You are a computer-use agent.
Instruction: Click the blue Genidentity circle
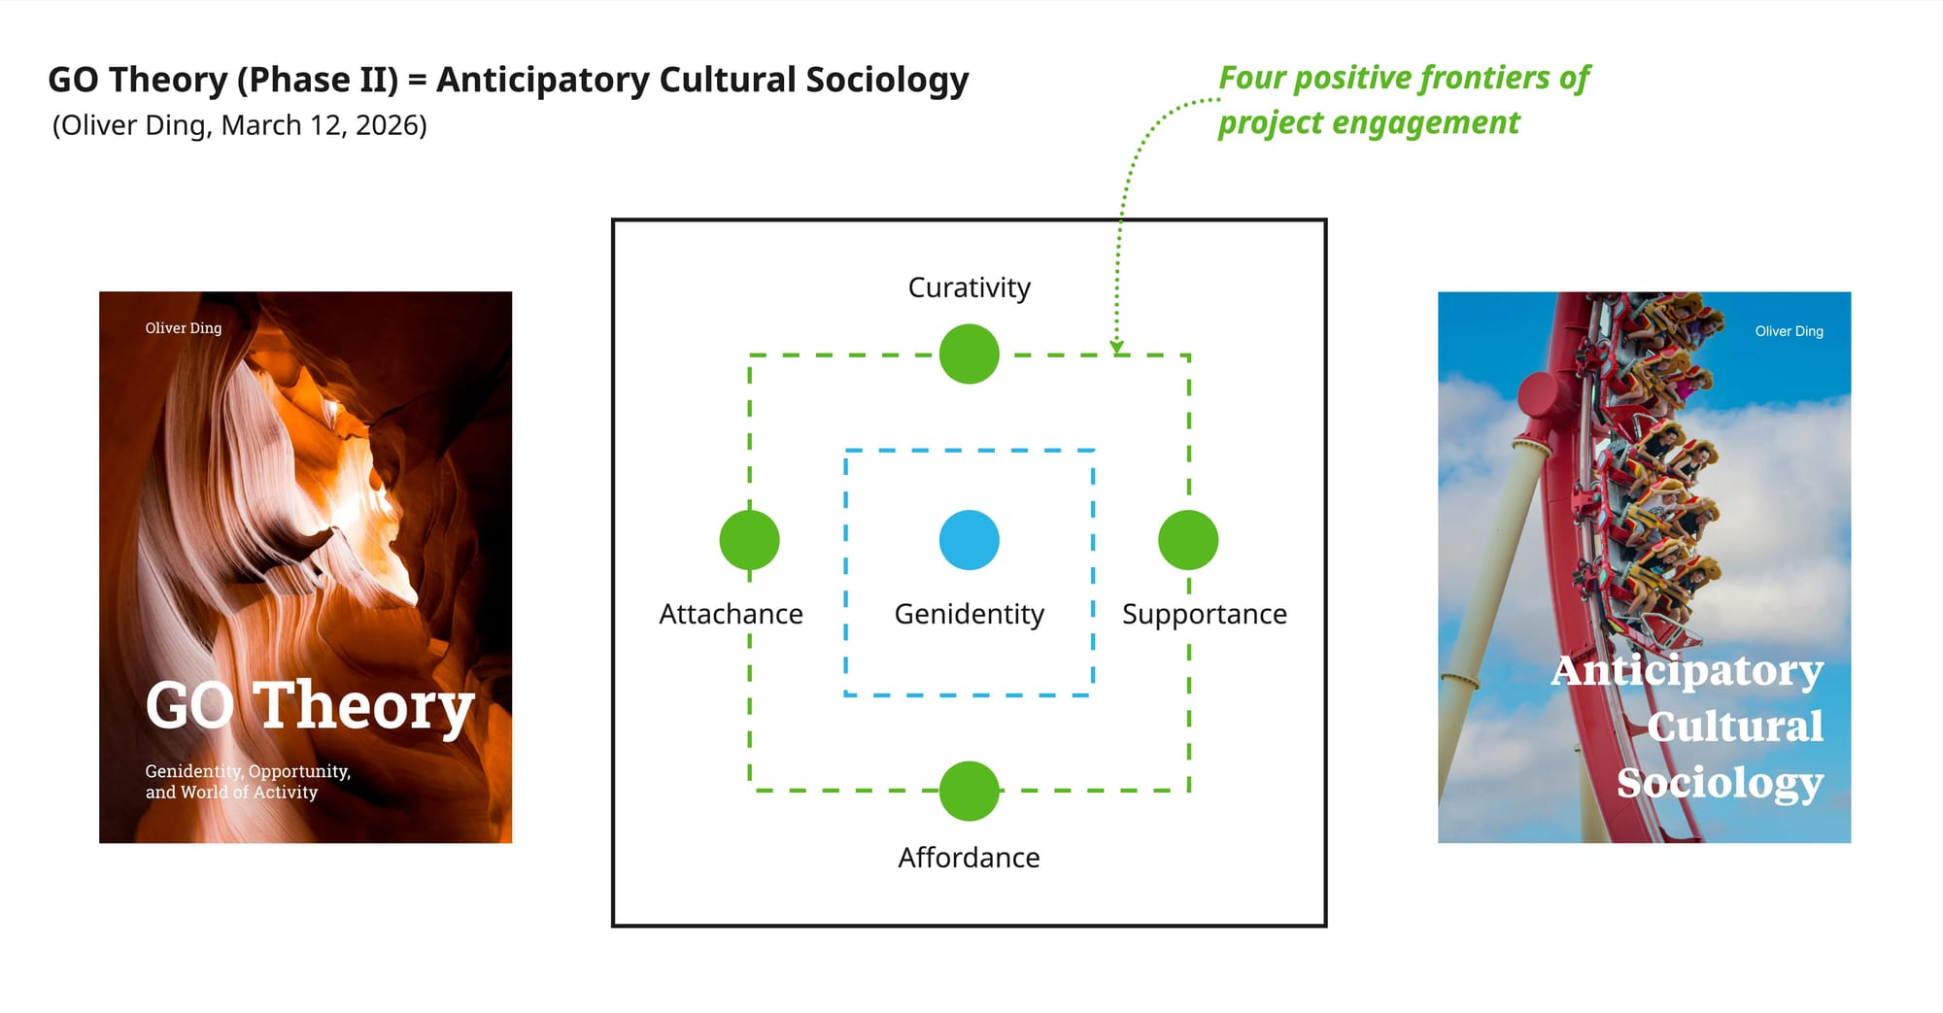[x=969, y=540]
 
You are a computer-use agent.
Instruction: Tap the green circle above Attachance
[x=749, y=540]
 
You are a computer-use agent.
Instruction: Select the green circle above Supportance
[x=1188, y=540]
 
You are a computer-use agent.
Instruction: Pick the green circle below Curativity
[x=969, y=355]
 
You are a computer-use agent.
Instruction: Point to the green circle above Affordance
[x=969, y=791]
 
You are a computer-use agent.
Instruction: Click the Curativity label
[x=969, y=287]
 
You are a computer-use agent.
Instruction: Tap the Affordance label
[x=969, y=858]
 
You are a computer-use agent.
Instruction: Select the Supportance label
[x=1204, y=614]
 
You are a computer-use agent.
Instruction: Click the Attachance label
[x=731, y=614]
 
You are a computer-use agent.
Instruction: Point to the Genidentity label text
[x=969, y=614]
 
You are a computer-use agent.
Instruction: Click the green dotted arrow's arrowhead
[x=1117, y=346]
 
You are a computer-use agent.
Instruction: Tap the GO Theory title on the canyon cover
[x=309, y=705]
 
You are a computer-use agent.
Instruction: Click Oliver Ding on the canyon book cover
[x=184, y=328]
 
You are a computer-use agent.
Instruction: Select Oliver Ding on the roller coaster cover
[x=1789, y=331]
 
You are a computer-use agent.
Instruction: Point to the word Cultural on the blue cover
[x=1735, y=726]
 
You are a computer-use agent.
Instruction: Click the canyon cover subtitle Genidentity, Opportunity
[x=248, y=771]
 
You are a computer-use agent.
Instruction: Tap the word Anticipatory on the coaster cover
[x=1687, y=670]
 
